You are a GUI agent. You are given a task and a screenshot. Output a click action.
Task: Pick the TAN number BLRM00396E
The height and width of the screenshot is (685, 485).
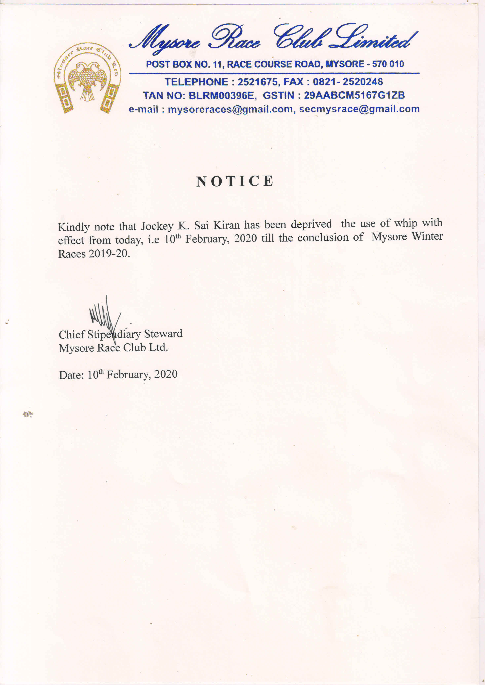(221, 96)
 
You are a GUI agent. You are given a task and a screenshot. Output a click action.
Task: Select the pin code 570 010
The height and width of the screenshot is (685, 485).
(388, 64)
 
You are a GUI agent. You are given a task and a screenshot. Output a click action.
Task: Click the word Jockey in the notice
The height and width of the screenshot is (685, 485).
(157, 226)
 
